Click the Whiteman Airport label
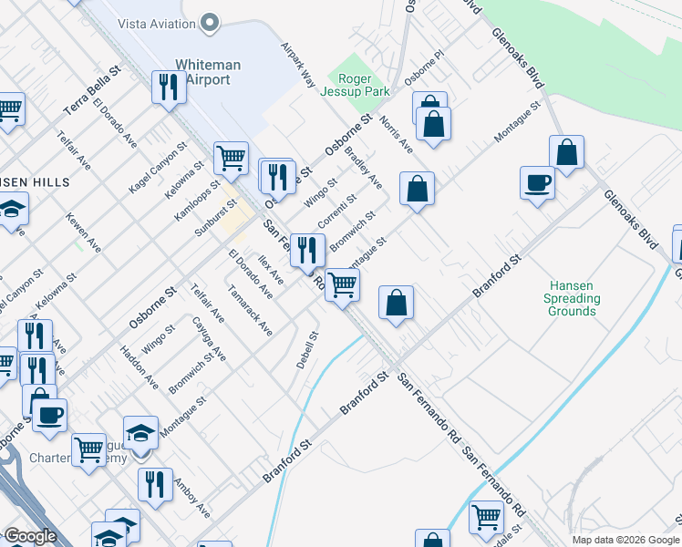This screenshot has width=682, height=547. [208, 71]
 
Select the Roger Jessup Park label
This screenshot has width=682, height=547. [355, 84]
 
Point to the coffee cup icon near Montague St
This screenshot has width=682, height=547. [537, 182]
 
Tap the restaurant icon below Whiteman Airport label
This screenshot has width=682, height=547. [168, 88]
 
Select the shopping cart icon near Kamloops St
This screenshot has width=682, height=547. [232, 158]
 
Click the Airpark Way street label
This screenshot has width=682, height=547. [297, 64]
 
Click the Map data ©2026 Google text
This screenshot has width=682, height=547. [625, 540]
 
